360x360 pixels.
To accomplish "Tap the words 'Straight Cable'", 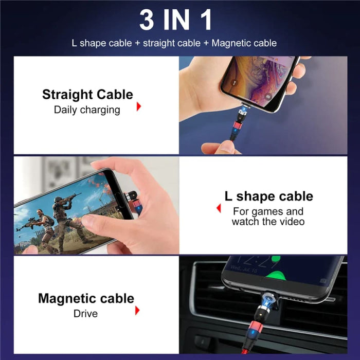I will pyautogui.click(x=87, y=95).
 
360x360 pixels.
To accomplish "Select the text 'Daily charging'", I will pyautogui.click(x=87, y=110).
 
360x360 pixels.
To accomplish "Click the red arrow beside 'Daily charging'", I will pyautogui.click(x=138, y=106).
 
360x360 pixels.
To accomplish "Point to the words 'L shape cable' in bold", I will pyautogui.click(x=268, y=196).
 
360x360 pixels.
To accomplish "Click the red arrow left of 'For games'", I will pyautogui.click(x=219, y=208).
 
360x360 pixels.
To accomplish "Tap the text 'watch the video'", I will pyautogui.click(x=268, y=222).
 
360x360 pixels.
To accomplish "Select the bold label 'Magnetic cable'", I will pyautogui.click(x=86, y=298).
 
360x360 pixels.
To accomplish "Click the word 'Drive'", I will pyautogui.click(x=85, y=313).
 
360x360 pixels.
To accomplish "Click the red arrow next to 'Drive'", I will pyautogui.click(x=137, y=310).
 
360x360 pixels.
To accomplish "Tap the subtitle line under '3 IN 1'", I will pyautogui.click(x=174, y=43).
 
